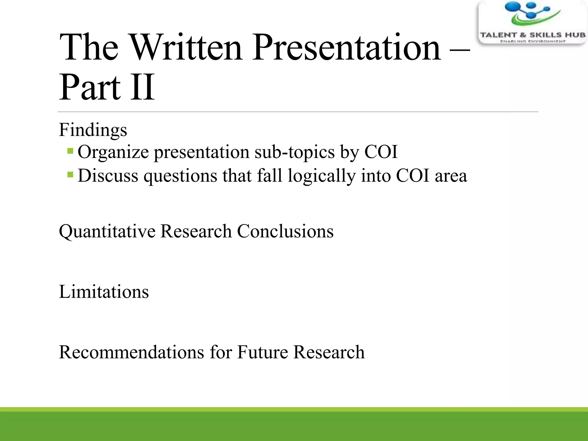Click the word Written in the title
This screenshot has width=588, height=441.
point(187,47)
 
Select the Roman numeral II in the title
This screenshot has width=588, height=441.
point(142,87)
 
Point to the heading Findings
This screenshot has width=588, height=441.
point(93,130)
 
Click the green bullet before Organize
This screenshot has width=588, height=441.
point(70,151)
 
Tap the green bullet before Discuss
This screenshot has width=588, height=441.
point(70,174)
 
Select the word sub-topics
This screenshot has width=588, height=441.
point(294,152)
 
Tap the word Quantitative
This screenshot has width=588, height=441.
point(107,231)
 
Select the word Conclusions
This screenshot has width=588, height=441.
point(285,231)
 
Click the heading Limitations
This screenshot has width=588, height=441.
point(104,292)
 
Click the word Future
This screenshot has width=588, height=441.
point(262,352)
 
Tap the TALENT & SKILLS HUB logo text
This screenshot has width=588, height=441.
point(533,35)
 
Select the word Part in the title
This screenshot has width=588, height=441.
point(90,87)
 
